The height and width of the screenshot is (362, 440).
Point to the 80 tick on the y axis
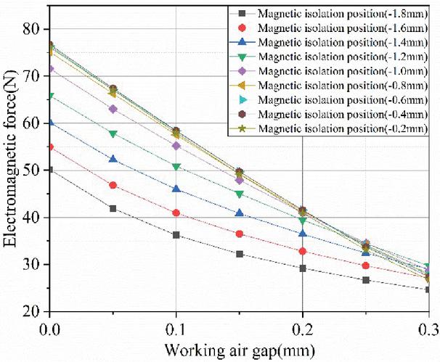coord(32,29)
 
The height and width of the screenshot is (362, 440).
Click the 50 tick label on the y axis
coord(32,170)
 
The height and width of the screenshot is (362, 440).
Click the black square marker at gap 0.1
coord(176,235)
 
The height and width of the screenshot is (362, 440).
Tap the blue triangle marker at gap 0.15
coord(240,213)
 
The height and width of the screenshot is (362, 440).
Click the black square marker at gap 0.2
coord(303,268)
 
